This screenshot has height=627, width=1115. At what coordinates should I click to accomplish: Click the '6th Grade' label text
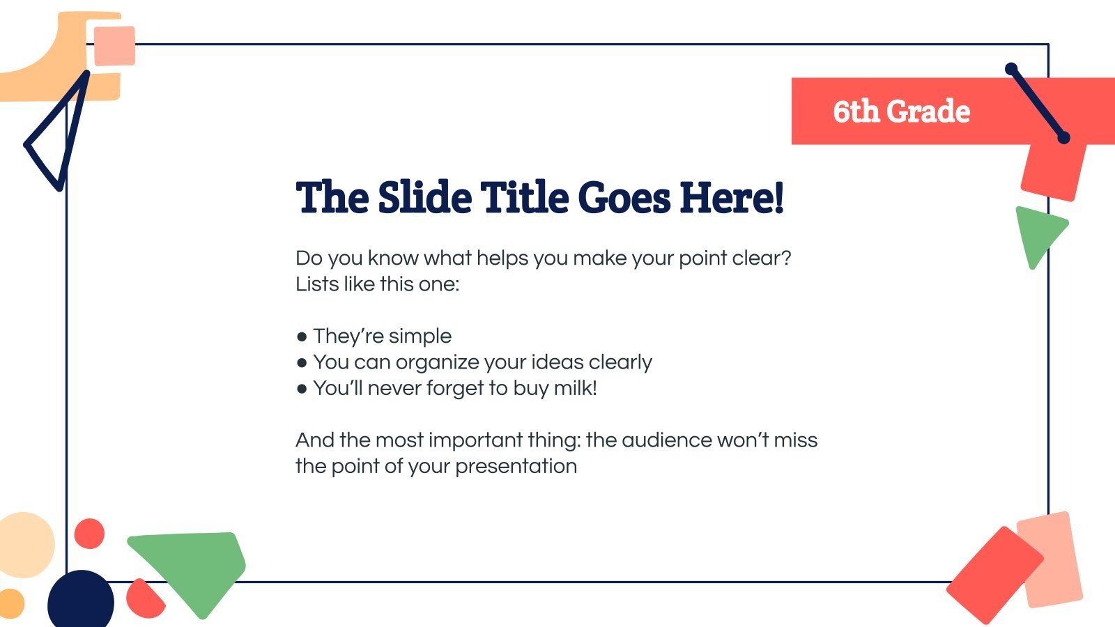pyautogui.click(x=901, y=111)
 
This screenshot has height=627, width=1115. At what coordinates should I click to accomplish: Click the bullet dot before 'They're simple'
pyautogui.click(x=302, y=337)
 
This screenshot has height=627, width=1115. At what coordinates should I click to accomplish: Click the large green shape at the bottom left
pyautogui.click(x=195, y=564)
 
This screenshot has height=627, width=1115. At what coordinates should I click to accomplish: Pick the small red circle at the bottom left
pyautogui.click(x=89, y=534)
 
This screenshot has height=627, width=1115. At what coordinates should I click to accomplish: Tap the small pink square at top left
pyautogui.click(x=114, y=46)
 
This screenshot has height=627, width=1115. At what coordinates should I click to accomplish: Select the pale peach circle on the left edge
pyautogui.click(x=25, y=545)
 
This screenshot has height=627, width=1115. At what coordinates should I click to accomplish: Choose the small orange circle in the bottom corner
pyautogui.click(x=10, y=603)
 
